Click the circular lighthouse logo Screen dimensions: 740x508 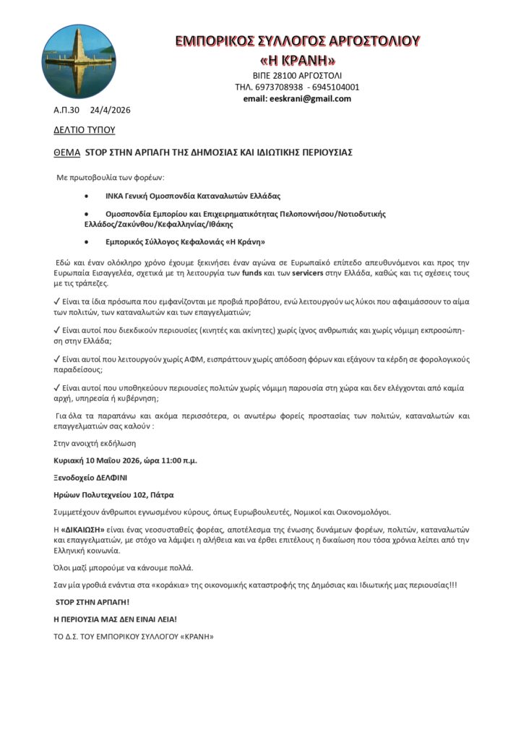[69, 62]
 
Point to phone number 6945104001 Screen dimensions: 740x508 [335, 87]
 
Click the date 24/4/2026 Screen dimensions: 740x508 [110, 111]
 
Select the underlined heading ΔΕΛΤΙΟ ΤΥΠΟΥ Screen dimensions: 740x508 [84, 130]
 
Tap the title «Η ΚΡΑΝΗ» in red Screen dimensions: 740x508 [297, 59]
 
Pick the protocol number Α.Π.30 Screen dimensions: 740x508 [66, 111]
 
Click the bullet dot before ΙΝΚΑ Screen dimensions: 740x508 [87, 196]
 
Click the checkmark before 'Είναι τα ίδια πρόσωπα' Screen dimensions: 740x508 [58, 301]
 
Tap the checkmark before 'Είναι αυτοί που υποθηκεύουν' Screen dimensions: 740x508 [58, 388]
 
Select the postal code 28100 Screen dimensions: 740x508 [284, 76]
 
